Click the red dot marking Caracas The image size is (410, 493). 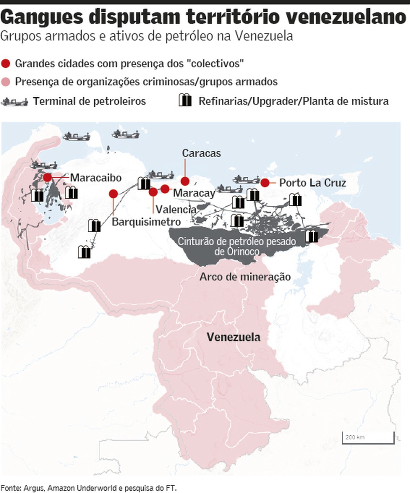coord(185,181)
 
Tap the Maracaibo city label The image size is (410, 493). coord(96,178)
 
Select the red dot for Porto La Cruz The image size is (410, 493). coord(265,183)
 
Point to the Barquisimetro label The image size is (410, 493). coord(146,222)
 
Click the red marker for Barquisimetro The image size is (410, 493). coord(113,194)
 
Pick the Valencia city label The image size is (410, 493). coord(176,209)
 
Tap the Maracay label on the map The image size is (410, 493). coord(194,193)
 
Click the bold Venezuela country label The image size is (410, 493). coord(233,337)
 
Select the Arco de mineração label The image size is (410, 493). coord(245,276)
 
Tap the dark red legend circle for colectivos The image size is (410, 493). coord(6,64)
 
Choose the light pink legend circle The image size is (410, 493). coord(6,82)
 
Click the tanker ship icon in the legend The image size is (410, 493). coord(14,101)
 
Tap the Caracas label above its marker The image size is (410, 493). coord(201,153)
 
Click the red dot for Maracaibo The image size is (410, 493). coord(47,177)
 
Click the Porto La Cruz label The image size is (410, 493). coord(313,183)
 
